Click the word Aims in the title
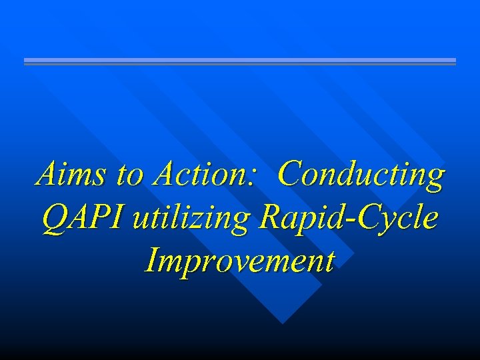coord(72,175)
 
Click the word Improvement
coord(239,261)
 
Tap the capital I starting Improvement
coord(151,261)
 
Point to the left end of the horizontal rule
coord(25,61)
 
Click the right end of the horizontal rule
coord(455,61)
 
